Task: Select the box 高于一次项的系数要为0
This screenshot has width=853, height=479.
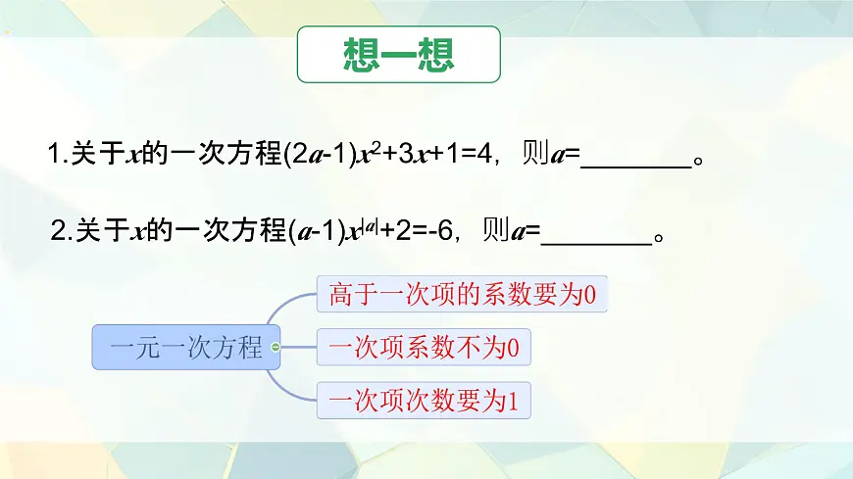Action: tap(464, 293)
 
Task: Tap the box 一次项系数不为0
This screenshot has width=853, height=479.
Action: tap(424, 347)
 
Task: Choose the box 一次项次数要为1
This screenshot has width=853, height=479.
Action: tap(424, 400)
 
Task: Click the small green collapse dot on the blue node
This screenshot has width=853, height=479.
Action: tap(276, 347)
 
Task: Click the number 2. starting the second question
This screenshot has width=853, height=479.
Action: tap(61, 231)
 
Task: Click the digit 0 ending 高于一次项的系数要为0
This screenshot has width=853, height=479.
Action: tap(589, 293)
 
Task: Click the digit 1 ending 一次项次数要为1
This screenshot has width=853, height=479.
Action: tap(511, 400)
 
